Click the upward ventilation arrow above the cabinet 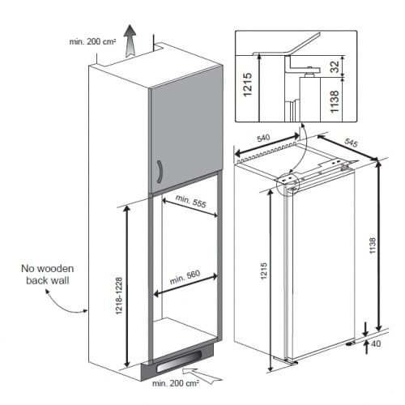point(130,41)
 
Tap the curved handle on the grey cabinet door point(160,172)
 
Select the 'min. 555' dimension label point(191,201)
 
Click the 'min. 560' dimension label point(185,277)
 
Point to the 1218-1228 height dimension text point(119,296)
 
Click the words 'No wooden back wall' point(48,275)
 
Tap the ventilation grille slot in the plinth point(178,364)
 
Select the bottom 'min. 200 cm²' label point(176,383)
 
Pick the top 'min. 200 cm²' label point(92,41)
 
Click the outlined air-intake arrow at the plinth point(202,375)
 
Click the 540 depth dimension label point(263,139)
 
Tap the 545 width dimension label point(352,143)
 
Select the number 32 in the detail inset point(335,66)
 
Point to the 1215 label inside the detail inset point(248,84)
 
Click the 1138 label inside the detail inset point(335,101)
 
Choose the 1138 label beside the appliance point(373,245)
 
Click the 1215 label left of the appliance point(264,271)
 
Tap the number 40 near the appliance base point(376,343)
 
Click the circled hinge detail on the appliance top point(288,183)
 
